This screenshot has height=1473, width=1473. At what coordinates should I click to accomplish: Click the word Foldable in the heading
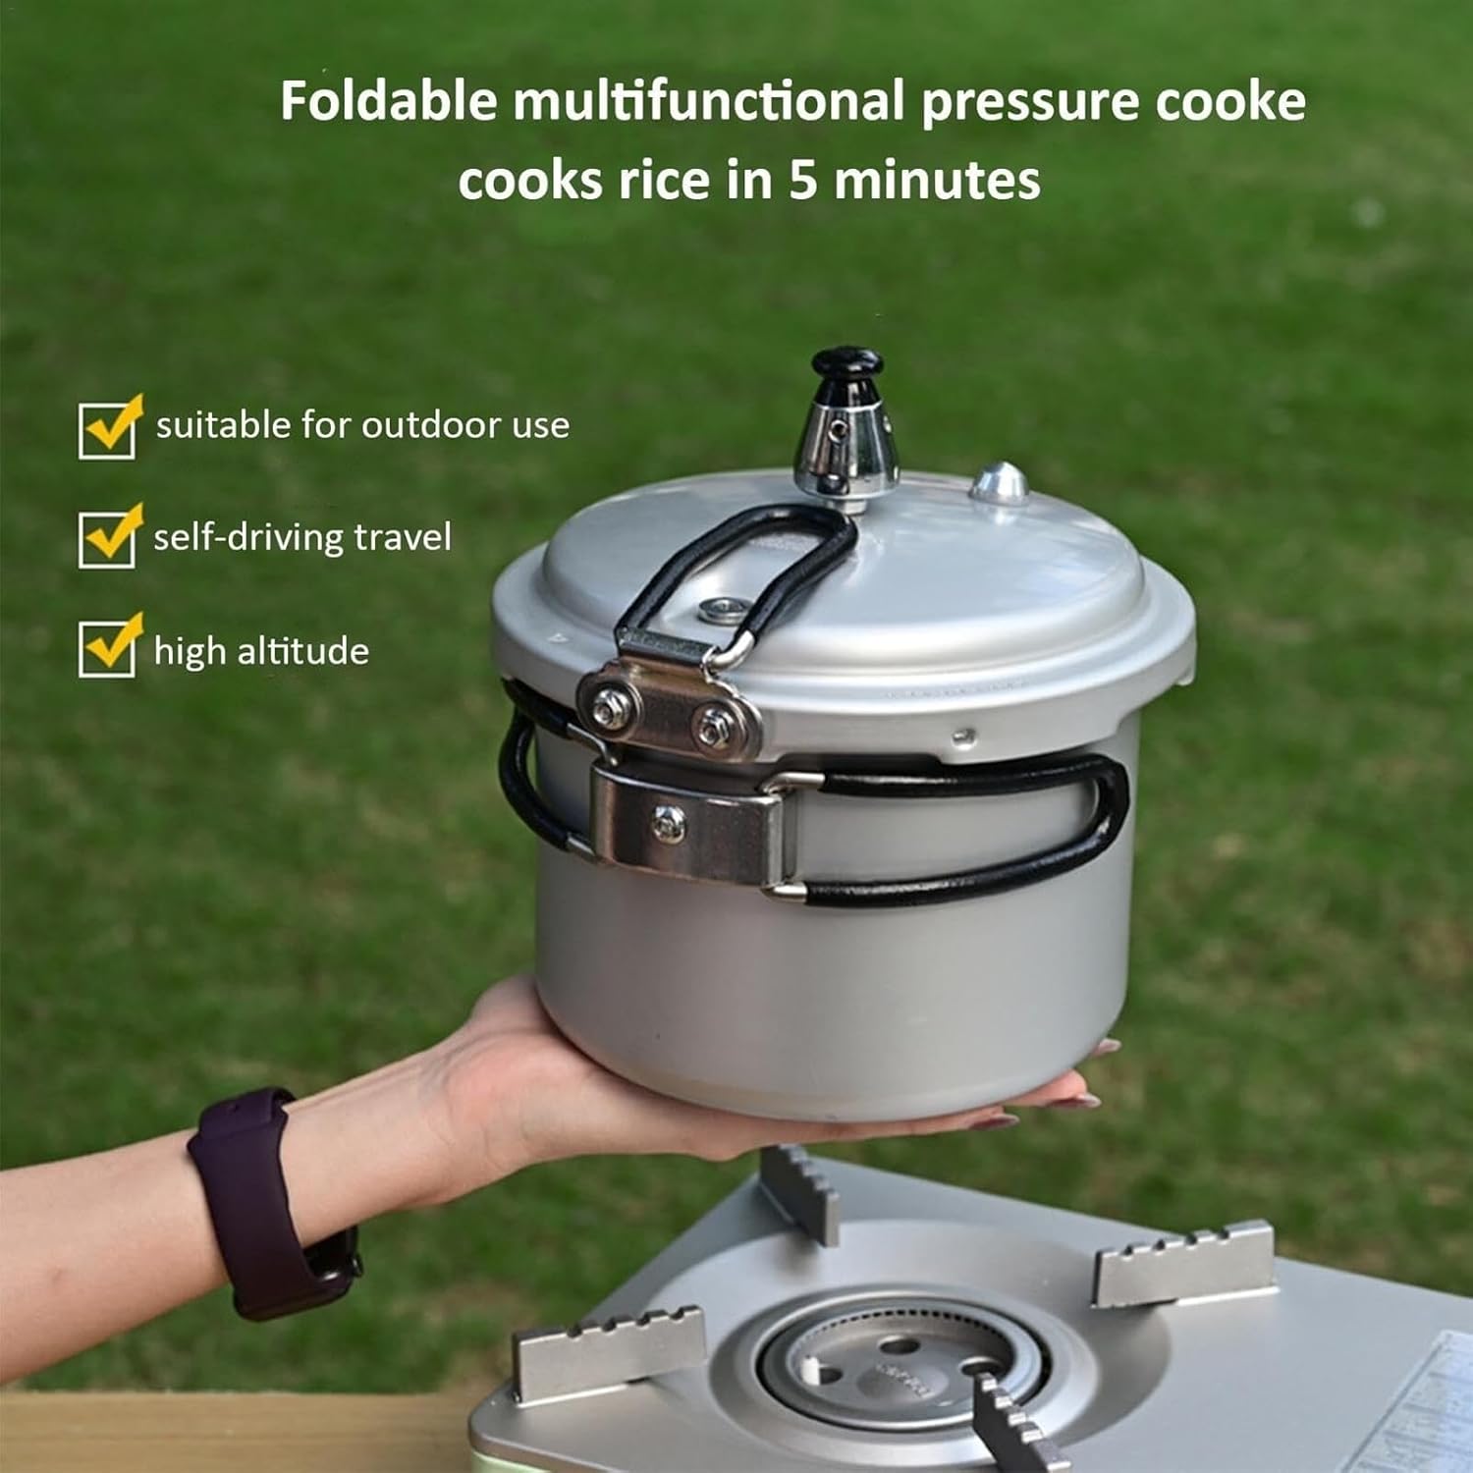[388, 101]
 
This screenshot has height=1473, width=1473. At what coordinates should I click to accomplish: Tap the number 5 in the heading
[802, 181]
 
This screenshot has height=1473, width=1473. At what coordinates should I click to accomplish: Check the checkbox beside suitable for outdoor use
[107, 430]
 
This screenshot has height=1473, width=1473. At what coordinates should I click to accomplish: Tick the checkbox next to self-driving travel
[107, 539]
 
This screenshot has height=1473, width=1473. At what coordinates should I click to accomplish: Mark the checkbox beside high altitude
[107, 648]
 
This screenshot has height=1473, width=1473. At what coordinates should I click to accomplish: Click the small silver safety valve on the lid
[1000, 482]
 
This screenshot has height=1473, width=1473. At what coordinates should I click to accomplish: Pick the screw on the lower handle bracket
[671, 820]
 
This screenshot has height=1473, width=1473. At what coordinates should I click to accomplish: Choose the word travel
[402, 537]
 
